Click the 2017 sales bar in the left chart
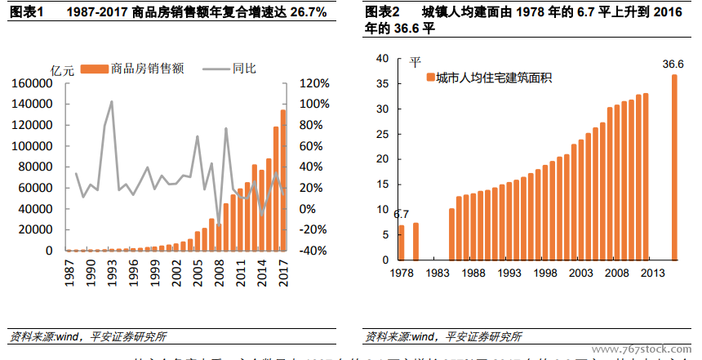(283, 180)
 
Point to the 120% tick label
(314, 83)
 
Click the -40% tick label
(313, 251)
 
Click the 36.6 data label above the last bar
(673, 64)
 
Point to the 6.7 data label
(401, 215)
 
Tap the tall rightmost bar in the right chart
(674, 167)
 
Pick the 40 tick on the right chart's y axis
(382, 59)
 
